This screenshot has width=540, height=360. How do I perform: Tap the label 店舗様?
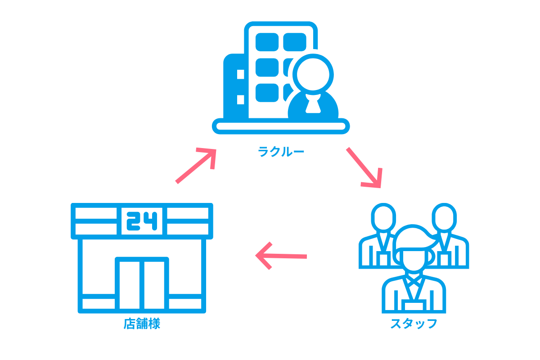(x=142, y=324)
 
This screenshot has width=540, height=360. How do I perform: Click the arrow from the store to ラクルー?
(x=196, y=165)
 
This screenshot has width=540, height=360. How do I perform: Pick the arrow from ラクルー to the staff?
(x=364, y=167)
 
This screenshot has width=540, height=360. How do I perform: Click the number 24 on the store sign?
(x=142, y=221)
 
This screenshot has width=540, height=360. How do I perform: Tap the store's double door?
(x=142, y=283)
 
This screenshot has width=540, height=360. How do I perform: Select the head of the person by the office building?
(x=313, y=74)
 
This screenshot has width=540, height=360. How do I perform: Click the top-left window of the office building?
(x=267, y=42)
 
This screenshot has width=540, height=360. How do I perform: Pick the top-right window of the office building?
(x=295, y=42)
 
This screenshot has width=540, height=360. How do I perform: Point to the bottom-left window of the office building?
(x=267, y=92)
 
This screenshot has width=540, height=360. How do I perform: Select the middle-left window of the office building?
(x=267, y=67)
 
